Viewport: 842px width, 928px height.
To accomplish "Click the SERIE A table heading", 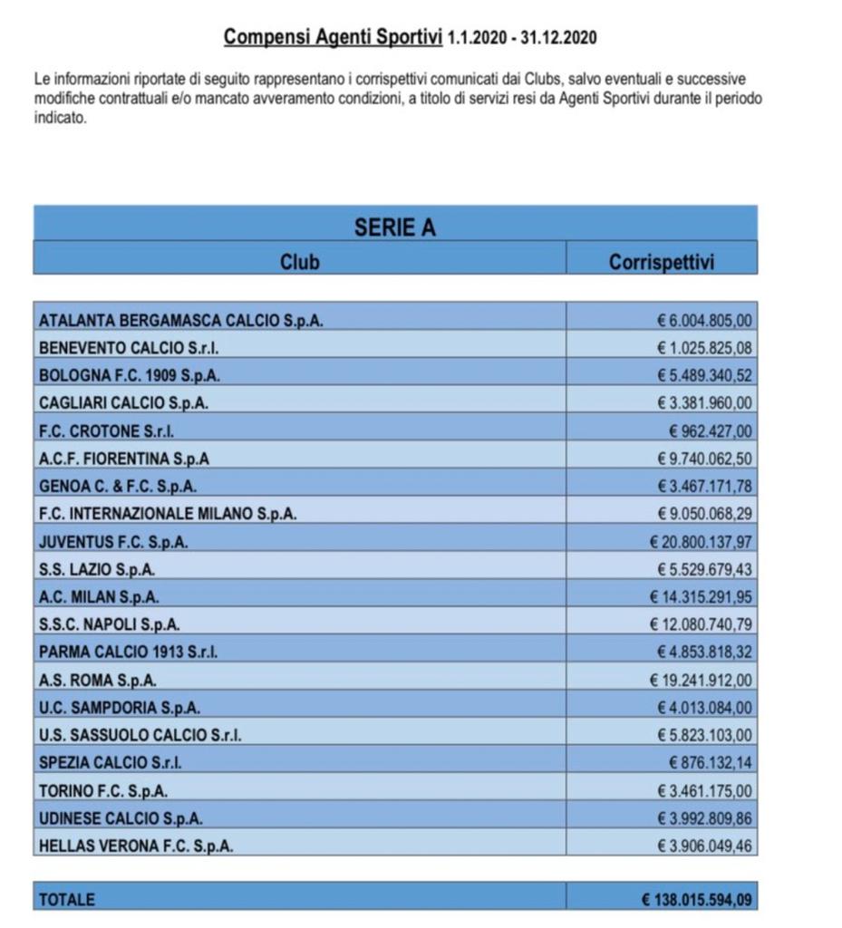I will (x=394, y=227).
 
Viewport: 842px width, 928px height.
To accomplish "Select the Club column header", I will (x=299, y=262).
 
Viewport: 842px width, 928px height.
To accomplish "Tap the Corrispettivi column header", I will (x=662, y=262).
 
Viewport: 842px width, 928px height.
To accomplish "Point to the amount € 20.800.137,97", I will (x=702, y=542).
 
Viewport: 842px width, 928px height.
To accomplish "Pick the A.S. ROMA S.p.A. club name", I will (x=98, y=680).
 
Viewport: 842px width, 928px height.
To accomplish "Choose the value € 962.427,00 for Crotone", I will (x=711, y=430).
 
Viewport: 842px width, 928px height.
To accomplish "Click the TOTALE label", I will (x=66, y=900).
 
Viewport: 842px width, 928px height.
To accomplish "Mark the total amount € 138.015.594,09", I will (x=697, y=900).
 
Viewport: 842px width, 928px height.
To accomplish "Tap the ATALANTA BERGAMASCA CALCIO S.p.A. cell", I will (x=181, y=320).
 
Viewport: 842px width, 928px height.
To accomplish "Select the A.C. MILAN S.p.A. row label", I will (x=100, y=597).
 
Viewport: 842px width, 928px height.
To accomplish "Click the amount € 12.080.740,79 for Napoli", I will (x=702, y=624).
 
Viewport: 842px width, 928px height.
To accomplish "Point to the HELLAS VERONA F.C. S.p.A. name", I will (x=136, y=846).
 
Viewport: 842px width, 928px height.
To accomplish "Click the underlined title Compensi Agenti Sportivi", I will (x=333, y=37).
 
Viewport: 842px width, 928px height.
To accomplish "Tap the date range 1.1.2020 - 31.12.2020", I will (x=522, y=38).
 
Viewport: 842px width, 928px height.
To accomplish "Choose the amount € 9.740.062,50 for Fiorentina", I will (x=705, y=459).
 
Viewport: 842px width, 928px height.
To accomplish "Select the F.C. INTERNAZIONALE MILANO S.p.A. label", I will (x=169, y=514).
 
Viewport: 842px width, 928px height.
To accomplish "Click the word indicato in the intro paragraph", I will (x=60, y=117).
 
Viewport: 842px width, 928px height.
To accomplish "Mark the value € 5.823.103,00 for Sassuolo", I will (x=705, y=735).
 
